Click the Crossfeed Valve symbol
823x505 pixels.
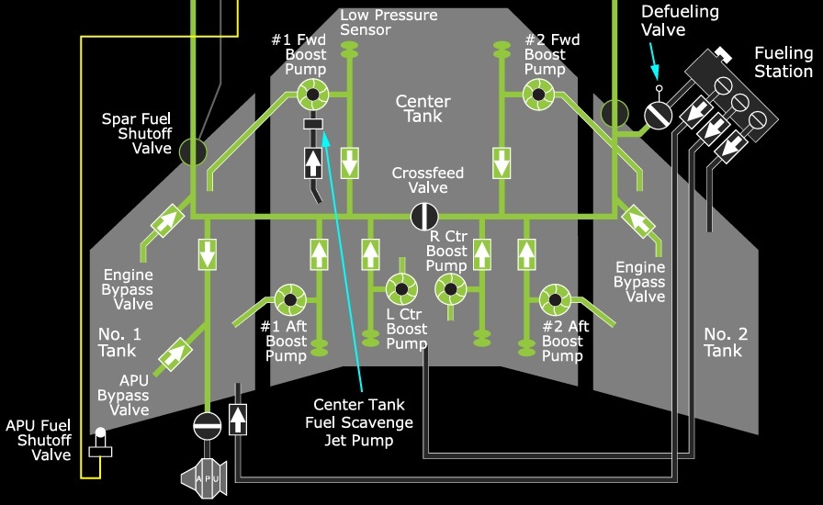click(x=424, y=217)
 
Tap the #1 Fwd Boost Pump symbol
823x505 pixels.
click(x=312, y=93)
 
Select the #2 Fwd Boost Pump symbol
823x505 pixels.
click(x=536, y=93)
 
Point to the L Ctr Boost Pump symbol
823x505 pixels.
click(x=400, y=289)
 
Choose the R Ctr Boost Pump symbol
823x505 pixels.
click(x=450, y=289)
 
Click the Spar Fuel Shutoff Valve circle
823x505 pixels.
click(x=192, y=151)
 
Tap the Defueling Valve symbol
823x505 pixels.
click(x=659, y=114)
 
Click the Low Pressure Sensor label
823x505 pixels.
click(x=388, y=23)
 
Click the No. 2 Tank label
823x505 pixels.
click(x=725, y=342)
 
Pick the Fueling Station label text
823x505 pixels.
click(x=784, y=62)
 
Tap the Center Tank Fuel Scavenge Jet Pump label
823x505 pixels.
click(x=358, y=422)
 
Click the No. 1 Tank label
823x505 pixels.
click(x=118, y=342)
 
